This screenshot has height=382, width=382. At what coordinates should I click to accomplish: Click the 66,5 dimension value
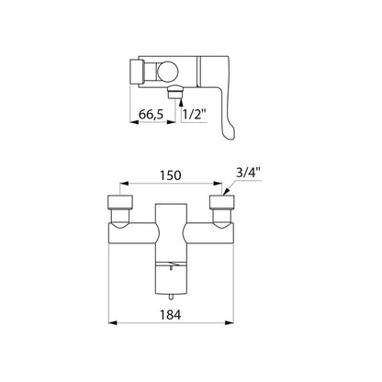click(x=152, y=115)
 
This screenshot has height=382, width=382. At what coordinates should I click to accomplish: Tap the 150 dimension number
click(x=171, y=175)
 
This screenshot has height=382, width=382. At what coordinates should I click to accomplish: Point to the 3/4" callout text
click(x=248, y=173)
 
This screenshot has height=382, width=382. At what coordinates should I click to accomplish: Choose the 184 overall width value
click(x=171, y=315)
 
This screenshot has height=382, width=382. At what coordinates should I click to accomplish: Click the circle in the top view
click(x=167, y=72)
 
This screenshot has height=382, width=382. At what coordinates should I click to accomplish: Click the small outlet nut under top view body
click(x=175, y=92)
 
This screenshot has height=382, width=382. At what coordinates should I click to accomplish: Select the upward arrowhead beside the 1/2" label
click(x=181, y=99)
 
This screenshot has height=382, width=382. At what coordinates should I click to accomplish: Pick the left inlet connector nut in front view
click(x=120, y=202)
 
